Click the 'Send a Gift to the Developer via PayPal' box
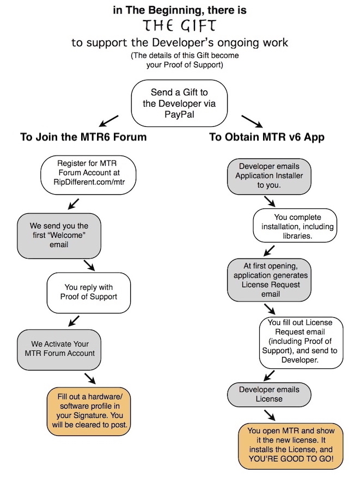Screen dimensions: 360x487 pyautogui.click(x=179, y=103)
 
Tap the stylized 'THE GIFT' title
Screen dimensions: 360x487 pyautogui.click(x=179, y=26)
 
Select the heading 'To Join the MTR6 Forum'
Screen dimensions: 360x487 pyautogui.click(x=83, y=137)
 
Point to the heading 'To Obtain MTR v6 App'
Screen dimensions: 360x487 pyautogui.click(x=267, y=137)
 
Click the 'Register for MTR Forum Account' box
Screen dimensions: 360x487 pyautogui.click(x=88, y=175)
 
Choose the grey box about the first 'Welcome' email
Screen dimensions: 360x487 pyautogui.click(x=59, y=236)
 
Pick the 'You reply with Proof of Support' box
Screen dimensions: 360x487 pyautogui.click(x=89, y=293)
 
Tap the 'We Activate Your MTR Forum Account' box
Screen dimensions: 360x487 pyautogui.click(x=59, y=350)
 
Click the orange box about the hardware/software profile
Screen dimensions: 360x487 pyautogui.click(x=89, y=411)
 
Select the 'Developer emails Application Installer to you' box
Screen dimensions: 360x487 pyautogui.click(x=269, y=176)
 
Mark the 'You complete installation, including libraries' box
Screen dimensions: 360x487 pyautogui.click(x=295, y=226)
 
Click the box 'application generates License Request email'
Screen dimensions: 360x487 pyautogui.click(x=269, y=280)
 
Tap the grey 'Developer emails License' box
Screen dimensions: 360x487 pyautogui.click(x=269, y=394)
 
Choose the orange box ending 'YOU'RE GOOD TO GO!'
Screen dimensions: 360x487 pyautogui.click(x=291, y=446)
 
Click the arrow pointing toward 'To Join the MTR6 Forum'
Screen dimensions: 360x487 pyautogui.click(x=108, y=121)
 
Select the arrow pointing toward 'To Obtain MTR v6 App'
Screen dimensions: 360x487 pyautogui.click(x=252, y=121)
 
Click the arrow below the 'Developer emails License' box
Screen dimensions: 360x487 pyautogui.click(x=270, y=415)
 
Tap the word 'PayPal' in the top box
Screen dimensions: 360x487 pyautogui.click(x=179, y=114)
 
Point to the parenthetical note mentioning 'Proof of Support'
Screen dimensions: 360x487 pyautogui.click(x=185, y=60)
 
